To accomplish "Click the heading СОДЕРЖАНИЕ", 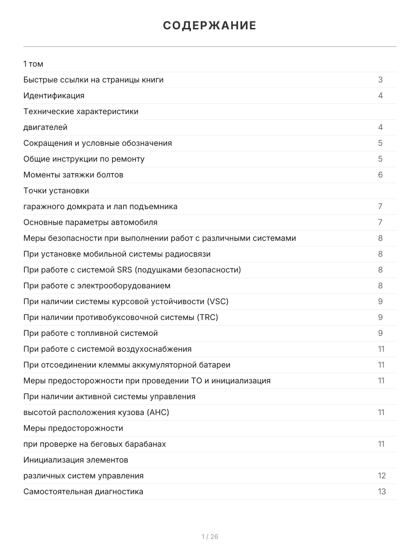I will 210,26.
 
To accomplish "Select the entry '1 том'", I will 33,64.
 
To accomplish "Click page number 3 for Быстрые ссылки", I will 380,80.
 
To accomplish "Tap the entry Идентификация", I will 54,95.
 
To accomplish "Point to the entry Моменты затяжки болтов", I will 73,175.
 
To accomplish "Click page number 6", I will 380,175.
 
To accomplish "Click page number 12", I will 382,476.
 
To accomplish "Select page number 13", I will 382,491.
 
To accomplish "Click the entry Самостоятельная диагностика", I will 83,491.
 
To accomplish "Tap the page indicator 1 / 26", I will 210,537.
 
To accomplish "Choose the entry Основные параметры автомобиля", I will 90,222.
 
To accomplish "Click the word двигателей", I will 45,127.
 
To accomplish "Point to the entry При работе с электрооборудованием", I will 97,286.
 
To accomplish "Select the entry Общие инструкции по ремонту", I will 84,159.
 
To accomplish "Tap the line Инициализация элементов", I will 76,460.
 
